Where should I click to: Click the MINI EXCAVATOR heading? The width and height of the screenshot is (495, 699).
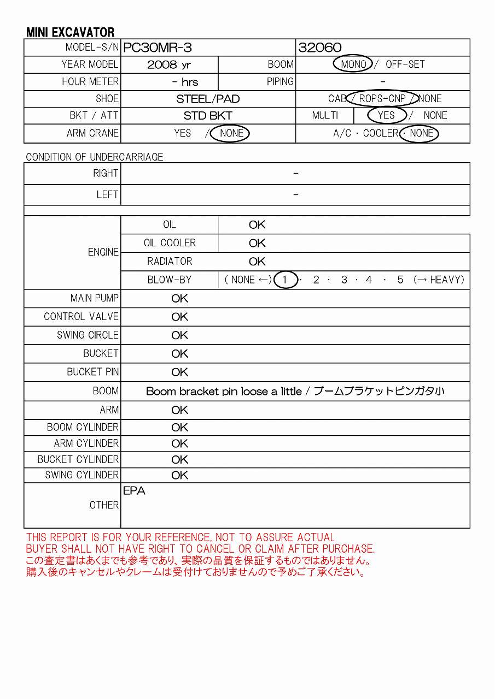[x=71, y=33]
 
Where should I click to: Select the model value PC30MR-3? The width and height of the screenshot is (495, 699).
[x=158, y=48]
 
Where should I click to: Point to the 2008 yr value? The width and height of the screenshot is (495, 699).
[x=169, y=64]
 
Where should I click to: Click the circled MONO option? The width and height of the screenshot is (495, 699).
[x=353, y=64]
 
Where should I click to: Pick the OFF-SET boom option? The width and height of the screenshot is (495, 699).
[x=405, y=64]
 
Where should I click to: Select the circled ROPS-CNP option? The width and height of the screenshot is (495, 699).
[x=382, y=99]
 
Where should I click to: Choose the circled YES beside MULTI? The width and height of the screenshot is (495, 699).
[x=386, y=115]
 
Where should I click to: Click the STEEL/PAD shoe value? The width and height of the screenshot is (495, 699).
[x=208, y=99]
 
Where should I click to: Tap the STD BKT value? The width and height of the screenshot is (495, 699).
[x=208, y=116]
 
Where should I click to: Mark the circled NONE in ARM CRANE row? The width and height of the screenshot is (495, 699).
[x=231, y=133]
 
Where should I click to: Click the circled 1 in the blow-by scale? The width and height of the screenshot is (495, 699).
[x=285, y=280]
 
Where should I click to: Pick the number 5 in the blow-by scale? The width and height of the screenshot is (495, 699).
[x=400, y=280]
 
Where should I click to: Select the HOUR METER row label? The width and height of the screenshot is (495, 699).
[x=90, y=82]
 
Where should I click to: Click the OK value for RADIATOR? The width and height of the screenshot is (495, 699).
[x=257, y=262]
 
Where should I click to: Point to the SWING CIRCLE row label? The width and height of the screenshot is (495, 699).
[x=88, y=335]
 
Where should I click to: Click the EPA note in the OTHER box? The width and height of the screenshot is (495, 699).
[x=134, y=491]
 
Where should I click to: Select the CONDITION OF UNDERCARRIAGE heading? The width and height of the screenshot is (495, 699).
[x=95, y=157]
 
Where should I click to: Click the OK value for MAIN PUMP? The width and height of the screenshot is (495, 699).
[x=179, y=299]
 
